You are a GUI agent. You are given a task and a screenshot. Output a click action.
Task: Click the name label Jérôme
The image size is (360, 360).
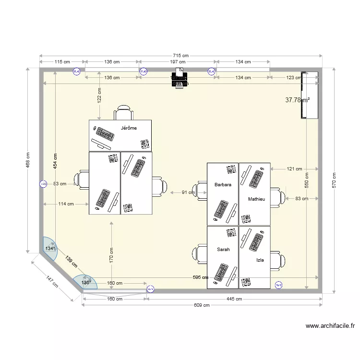coord(129,128)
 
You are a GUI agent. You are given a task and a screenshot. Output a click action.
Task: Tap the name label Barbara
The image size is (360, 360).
coord(223,184)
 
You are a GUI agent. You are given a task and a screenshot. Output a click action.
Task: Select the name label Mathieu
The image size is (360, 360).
coord(256,199)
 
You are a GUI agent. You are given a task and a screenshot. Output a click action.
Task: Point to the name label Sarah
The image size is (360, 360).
coord(223,250)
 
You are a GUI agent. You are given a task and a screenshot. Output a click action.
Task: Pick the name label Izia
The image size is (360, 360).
coord(260,260)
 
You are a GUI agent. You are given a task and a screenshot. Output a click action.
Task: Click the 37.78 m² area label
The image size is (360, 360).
coord(297,100)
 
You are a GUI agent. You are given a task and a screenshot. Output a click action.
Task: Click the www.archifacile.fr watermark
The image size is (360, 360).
coord(330,326)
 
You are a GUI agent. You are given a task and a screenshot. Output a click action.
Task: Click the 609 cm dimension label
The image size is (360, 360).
coord(202,305)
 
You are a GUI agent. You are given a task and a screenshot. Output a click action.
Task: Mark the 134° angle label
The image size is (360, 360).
coord(50,249)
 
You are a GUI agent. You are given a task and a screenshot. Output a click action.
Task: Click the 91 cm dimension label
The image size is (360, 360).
coord(188,192)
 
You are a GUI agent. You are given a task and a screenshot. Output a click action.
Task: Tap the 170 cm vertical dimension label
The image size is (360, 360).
coord(111,254)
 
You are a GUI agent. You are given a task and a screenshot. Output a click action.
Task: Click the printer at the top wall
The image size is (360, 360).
coord(180,78)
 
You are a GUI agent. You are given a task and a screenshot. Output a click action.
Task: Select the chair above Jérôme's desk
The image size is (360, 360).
coord(124,112)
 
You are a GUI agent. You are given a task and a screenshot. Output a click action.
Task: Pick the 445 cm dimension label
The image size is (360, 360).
coord(234,299)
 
